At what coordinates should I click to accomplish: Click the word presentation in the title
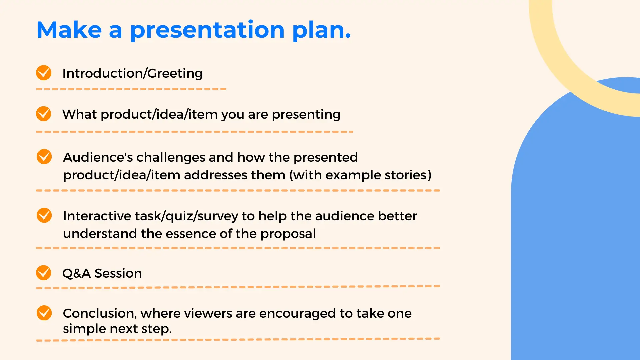point(207,30)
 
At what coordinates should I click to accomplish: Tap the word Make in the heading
point(69,30)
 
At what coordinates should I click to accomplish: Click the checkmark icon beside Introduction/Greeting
point(44,73)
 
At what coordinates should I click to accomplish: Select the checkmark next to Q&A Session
point(44,273)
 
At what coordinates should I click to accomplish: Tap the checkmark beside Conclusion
point(44,313)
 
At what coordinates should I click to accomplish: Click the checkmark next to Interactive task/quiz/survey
point(44,215)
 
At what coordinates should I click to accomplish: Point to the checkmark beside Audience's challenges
point(44,157)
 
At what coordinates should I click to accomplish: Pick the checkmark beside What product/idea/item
point(44,114)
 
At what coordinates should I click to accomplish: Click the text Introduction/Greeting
point(132,73)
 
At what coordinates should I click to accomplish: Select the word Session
point(118,273)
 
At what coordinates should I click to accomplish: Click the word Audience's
point(98,157)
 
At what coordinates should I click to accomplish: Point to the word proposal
point(288,234)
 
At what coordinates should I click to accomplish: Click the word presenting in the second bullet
point(306,115)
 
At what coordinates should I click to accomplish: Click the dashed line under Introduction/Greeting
point(131,89)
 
